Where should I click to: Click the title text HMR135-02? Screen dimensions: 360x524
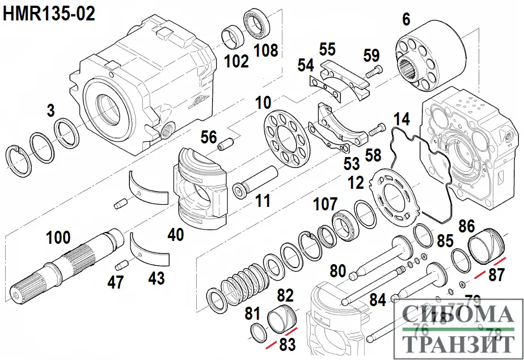pos(49,13)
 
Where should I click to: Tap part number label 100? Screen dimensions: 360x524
pos(59,238)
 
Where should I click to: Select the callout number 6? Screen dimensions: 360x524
pos(406,19)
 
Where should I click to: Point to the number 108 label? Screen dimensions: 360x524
pos(265,50)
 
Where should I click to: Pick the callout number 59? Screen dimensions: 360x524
pos(371,56)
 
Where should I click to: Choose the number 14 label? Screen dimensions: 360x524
pos(402,120)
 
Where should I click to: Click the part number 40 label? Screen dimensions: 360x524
pos(175,234)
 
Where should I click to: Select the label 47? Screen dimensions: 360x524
pos(116,282)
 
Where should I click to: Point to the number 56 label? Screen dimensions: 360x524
pos(209,137)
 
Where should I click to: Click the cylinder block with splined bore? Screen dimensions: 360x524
pos(432,60)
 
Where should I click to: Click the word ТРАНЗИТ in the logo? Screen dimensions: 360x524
pos(458,344)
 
